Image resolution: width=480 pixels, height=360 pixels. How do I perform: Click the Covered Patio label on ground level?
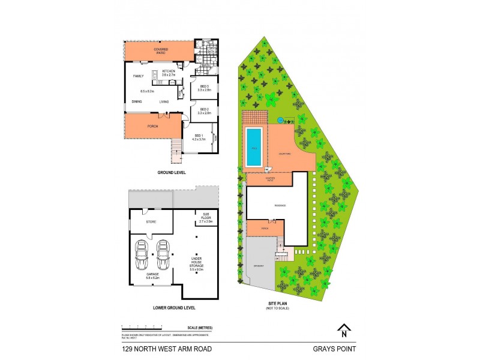[x=160, y=51]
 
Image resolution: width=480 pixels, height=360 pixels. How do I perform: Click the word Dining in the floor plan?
[x=137, y=102]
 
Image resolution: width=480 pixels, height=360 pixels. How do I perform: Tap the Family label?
[x=139, y=76]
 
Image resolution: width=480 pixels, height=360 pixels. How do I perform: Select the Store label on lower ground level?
[x=151, y=221]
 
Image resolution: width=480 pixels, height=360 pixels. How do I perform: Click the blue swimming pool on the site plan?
[x=253, y=148]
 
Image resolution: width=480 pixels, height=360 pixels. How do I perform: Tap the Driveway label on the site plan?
[x=259, y=265]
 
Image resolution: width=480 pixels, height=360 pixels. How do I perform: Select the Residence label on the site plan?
[x=280, y=205]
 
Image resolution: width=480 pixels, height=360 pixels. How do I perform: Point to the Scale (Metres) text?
[x=200, y=327]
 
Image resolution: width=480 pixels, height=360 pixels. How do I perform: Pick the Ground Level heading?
[x=171, y=172]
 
